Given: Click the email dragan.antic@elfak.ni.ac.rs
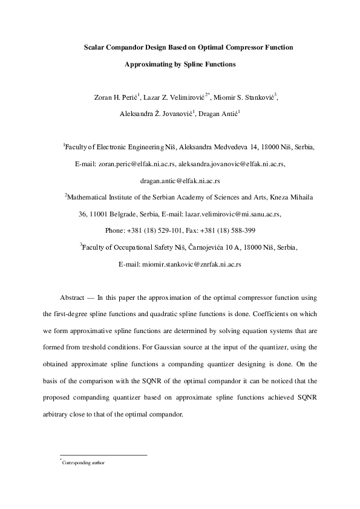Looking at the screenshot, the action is click(x=180, y=180).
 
